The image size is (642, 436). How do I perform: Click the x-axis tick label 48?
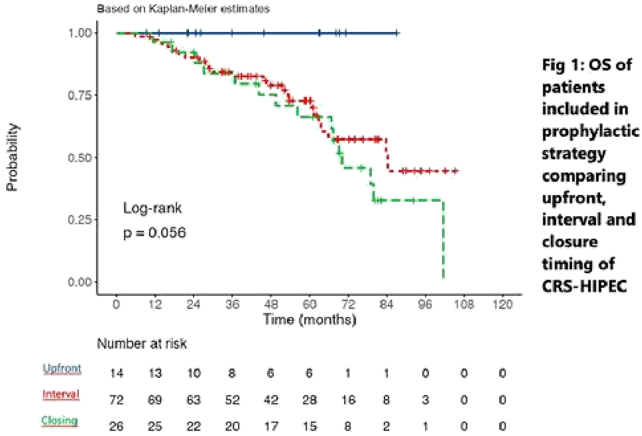(271, 305)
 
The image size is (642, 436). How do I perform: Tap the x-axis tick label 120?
(502, 305)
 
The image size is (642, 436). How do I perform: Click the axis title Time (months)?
(309, 320)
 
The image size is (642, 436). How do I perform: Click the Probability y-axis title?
(13, 157)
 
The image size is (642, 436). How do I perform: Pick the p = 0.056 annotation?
(154, 233)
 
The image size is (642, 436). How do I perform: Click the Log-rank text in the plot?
(152, 208)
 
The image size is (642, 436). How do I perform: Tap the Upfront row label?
(62, 369)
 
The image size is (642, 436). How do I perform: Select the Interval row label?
(61, 394)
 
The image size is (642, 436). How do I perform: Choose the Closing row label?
(59, 420)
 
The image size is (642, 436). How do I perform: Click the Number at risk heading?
(142, 344)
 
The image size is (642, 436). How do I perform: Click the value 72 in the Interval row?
(116, 400)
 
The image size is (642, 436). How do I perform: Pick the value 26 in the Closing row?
(116, 426)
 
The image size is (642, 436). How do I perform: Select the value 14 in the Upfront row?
(116, 374)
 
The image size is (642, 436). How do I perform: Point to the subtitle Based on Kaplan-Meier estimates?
(183, 9)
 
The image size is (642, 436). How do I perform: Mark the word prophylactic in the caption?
(590, 131)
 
